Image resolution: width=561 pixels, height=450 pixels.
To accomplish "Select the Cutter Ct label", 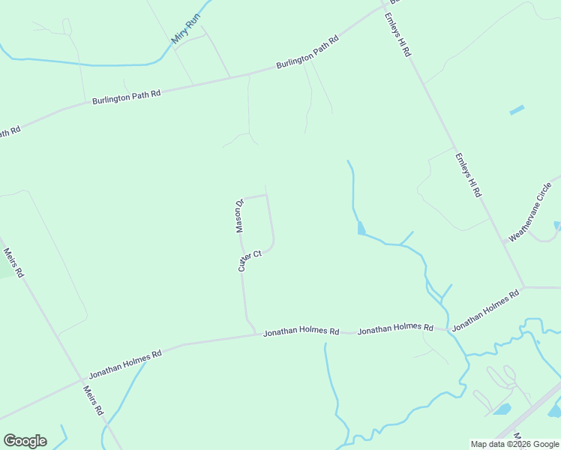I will [250, 260].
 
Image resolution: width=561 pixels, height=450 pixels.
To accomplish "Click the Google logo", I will [25, 441].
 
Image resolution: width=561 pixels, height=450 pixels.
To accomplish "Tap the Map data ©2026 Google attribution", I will [514, 444].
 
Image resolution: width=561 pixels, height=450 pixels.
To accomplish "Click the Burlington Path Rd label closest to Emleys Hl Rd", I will [307, 53].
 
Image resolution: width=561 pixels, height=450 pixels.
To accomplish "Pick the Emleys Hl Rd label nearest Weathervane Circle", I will [467, 175].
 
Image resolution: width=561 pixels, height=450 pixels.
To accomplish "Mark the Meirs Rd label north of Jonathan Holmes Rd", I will [13, 262].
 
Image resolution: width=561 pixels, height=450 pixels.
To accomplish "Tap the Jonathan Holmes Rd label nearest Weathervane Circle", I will [485, 310].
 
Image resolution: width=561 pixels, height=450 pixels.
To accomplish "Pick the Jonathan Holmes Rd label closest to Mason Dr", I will [301, 331].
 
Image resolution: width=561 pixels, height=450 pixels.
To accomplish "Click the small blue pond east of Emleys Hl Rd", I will [517, 110].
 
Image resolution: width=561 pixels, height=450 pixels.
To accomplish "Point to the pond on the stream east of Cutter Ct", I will [361, 228].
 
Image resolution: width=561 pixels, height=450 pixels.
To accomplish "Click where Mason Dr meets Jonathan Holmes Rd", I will [256, 334].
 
